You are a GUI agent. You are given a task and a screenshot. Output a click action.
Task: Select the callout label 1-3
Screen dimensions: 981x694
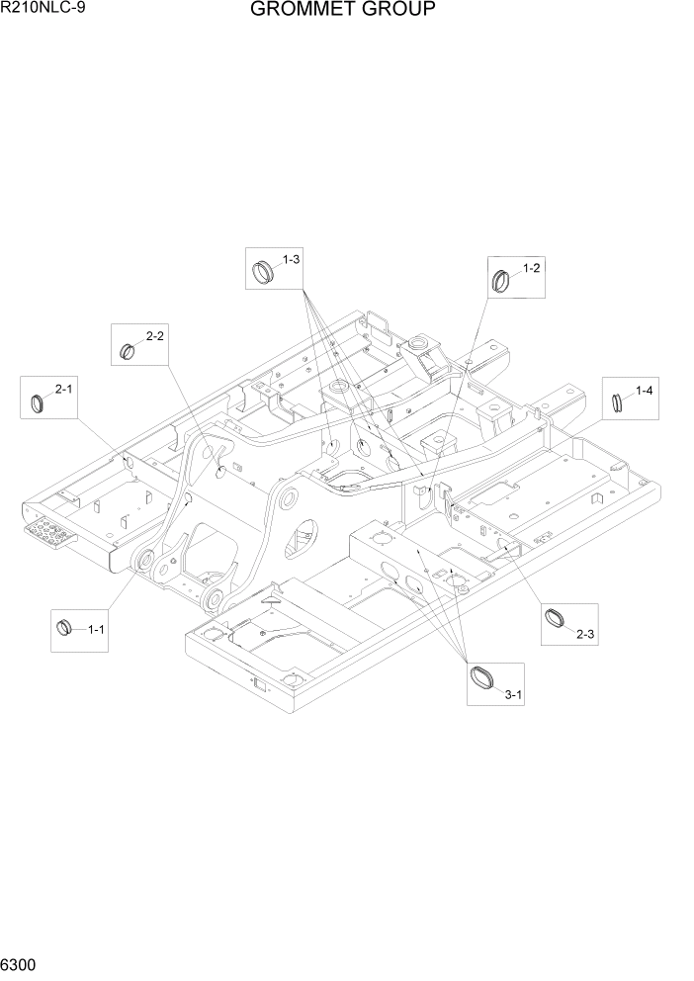point(291,259)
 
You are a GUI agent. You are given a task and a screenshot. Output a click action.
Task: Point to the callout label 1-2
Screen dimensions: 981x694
point(531,268)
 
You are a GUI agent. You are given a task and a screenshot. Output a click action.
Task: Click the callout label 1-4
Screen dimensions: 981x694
point(644,391)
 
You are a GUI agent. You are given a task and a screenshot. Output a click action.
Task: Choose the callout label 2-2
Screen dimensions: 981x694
point(155,336)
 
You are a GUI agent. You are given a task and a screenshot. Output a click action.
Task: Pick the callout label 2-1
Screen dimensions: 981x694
point(64,390)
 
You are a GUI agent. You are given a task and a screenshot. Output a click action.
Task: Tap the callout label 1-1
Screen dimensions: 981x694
point(97,629)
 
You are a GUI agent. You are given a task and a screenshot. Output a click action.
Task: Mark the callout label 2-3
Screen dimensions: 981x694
point(584,633)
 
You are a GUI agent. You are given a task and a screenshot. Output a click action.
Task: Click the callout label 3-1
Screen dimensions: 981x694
point(513,696)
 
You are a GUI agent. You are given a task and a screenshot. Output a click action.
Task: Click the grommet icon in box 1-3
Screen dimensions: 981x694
point(263,269)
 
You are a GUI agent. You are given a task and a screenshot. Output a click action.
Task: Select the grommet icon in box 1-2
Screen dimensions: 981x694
point(502,279)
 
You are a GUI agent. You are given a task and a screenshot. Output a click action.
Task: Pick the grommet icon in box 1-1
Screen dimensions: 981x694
point(66,625)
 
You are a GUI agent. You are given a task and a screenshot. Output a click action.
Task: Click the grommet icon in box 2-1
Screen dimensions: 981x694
point(39,401)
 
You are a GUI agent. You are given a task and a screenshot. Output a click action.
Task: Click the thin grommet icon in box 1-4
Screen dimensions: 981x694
point(617,402)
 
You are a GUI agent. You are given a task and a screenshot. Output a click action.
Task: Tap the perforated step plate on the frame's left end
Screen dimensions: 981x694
point(52,534)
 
